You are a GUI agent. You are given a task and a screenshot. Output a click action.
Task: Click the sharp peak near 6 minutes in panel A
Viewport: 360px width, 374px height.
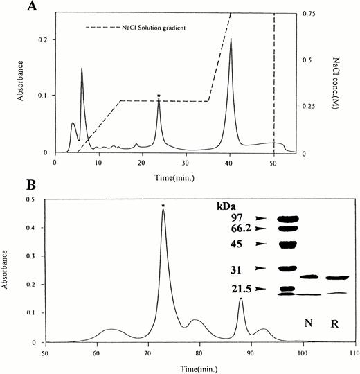click(x=82, y=70)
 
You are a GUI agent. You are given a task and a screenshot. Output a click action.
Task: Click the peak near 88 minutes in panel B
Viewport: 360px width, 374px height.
click(x=241, y=299)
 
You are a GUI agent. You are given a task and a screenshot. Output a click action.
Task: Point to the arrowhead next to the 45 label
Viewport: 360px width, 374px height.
click(x=262, y=244)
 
